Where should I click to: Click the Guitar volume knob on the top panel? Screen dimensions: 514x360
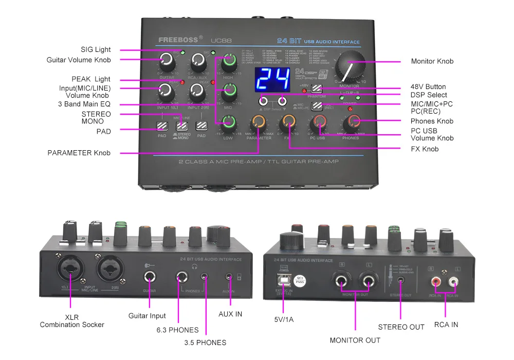pyautogui.click(x=167, y=62)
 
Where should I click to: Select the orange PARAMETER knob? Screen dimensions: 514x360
pyautogui.click(x=259, y=123)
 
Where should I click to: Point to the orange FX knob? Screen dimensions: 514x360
pyautogui.click(x=287, y=122)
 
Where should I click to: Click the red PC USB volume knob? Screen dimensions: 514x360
pyautogui.click(x=319, y=122)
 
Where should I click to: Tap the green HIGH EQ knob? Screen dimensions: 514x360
pyautogui.click(x=229, y=64)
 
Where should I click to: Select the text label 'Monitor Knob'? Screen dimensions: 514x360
pyautogui.click(x=432, y=61)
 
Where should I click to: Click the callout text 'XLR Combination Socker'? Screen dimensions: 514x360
pyautogui.click(x=72, y=321)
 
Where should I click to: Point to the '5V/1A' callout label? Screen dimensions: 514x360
pyautogui.click(x=284, y=319)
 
